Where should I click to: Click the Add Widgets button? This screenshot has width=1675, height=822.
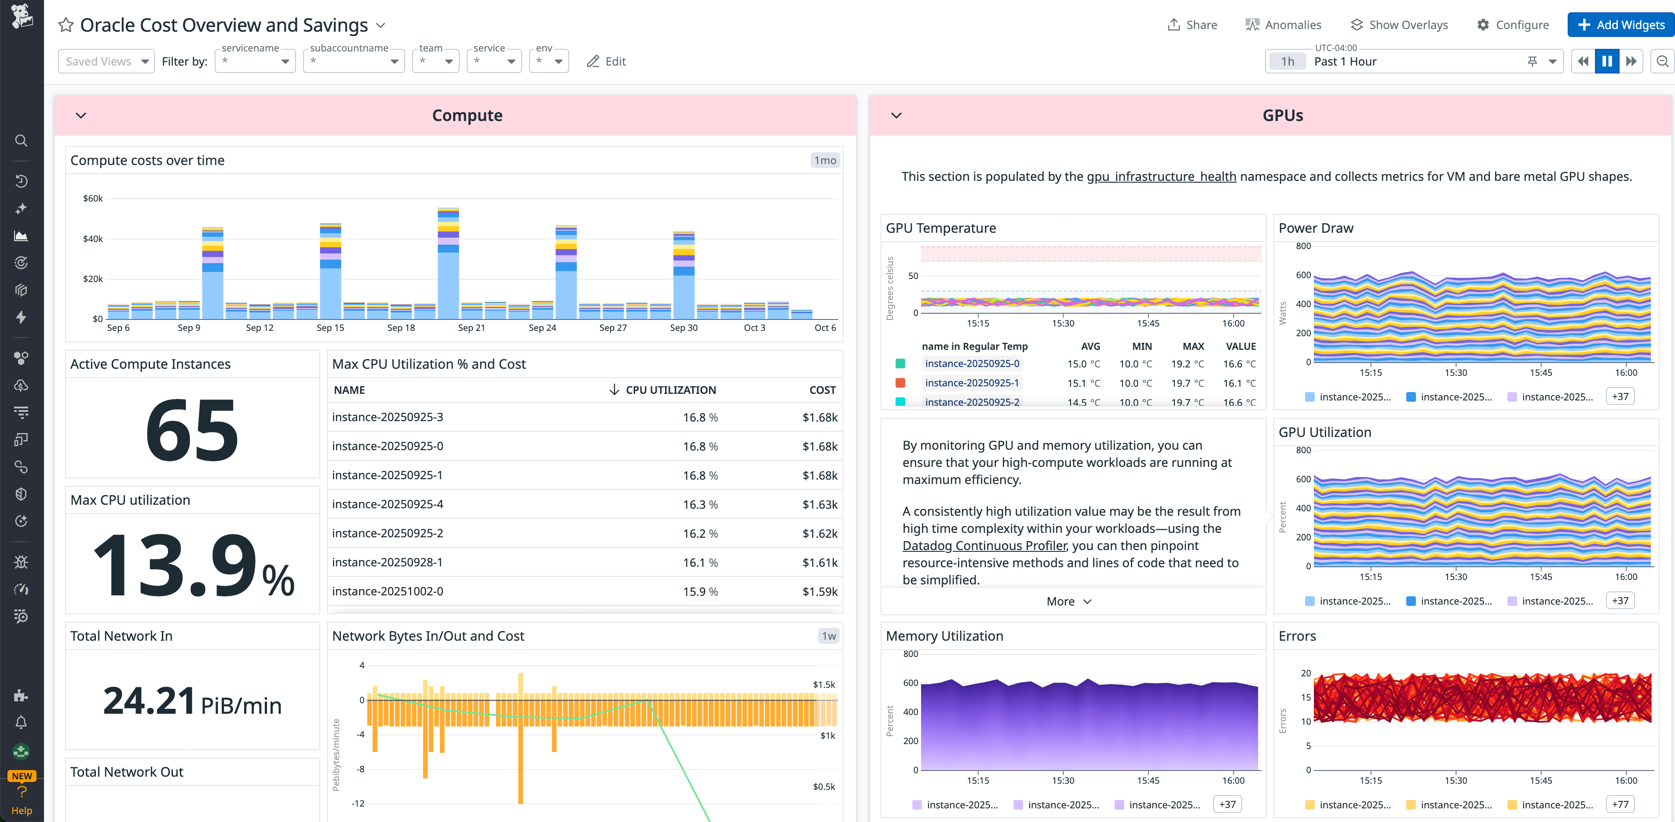[x=1620, y=25]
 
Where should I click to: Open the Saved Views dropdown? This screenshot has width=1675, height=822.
[x=106, y=61]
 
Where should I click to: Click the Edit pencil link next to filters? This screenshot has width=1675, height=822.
[x=606, y=61]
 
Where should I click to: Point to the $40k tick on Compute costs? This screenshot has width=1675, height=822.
[x=92, y=239]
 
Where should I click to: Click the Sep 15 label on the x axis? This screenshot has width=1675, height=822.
[x=330, y=328]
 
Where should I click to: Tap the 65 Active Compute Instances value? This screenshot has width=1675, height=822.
[x=192, y=430]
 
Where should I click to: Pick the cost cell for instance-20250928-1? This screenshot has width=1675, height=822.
[x=819, y=562]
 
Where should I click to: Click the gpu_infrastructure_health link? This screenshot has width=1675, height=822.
[x=1161, y=176]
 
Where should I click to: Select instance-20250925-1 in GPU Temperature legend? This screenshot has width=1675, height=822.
[x=972, y=383]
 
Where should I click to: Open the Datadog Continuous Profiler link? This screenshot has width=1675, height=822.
[x=984, y=546]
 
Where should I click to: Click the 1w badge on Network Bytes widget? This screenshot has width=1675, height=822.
[x=828, y=636]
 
